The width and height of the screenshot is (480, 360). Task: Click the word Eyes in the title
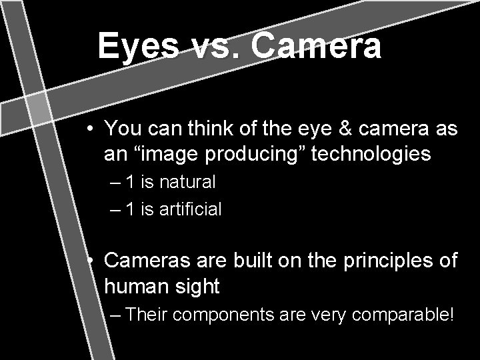138,47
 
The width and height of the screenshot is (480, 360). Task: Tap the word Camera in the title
316,47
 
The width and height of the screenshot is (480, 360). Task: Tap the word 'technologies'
371,155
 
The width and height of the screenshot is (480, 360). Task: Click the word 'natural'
187,181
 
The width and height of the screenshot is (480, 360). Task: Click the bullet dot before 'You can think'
90,129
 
